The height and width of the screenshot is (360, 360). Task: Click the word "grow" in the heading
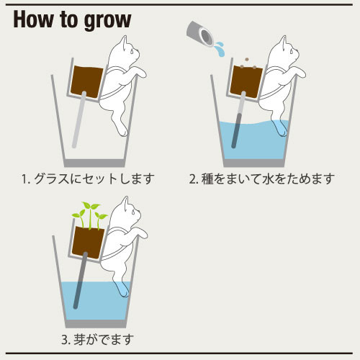click(x=108, y=21)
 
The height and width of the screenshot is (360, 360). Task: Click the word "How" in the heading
click(x=33, y=19)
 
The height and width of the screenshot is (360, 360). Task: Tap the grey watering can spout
click(x=200, y=34)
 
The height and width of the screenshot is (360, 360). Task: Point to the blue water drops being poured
click(x=220, y=49)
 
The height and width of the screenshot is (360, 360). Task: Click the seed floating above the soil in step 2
click(x=247, y=60)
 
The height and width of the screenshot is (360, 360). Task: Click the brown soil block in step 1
click(x=87, y=81)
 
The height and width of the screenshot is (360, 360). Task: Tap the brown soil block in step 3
click(x=88, y=242)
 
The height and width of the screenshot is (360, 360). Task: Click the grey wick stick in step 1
click(x=79, y=120)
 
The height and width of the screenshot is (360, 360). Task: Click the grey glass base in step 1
click(x=94, y=163)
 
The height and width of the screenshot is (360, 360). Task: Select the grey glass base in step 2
click(x=254, y=163)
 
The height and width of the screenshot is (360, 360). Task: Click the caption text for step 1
click(x=88, y=179)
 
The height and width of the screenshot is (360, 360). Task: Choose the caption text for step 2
click(x=262, y=179)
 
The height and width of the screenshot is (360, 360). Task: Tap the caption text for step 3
click(x=97, y=339)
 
